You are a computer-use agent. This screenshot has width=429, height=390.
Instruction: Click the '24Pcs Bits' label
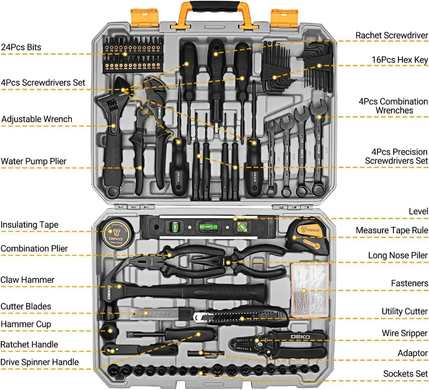point(21,47)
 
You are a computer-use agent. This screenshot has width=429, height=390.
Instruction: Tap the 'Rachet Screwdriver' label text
point(392,35)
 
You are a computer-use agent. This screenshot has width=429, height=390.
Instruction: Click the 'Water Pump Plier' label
point(34,161)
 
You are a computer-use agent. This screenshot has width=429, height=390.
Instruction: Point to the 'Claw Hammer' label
point(27,280)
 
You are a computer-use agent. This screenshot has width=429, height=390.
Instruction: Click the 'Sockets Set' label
point(405,374)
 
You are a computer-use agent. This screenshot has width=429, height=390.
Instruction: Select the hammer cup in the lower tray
point(109,331)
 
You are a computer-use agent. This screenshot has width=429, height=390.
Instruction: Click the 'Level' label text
point(418,211)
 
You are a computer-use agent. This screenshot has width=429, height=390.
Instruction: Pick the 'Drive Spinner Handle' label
point(39,362)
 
